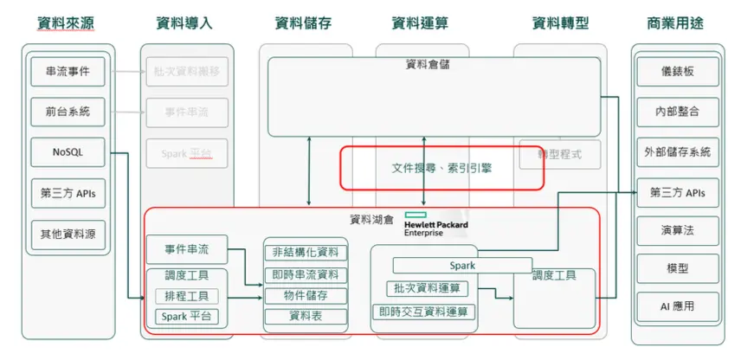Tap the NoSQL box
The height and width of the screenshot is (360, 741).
click(68, 152)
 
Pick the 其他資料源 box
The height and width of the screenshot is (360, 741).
click(68, 234)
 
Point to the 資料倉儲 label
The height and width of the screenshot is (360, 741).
click(427, 64)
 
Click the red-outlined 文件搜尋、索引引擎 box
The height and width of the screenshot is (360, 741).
click(441, 167)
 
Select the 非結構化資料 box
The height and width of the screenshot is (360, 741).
click(306, 253)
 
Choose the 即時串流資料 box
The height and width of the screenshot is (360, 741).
click(306, 274)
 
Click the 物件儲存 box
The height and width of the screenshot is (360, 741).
click(306, 295)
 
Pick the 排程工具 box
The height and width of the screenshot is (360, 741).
click(186, 296)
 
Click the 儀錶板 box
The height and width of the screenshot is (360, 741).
click(677, 72)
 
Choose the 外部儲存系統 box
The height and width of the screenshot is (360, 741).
click(677, 151)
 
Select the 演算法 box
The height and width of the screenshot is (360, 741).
click(677, 231)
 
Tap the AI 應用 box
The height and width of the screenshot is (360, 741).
click(677, 306)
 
